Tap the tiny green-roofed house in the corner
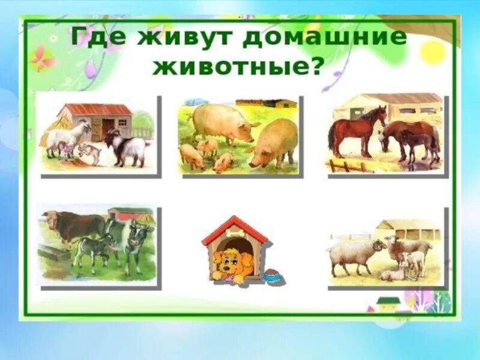388,302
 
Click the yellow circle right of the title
431,52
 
